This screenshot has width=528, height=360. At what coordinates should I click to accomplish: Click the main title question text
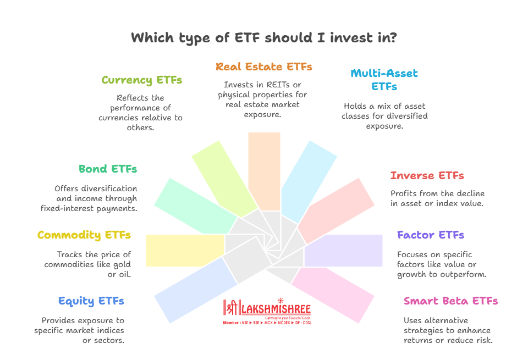(x=264, y=38)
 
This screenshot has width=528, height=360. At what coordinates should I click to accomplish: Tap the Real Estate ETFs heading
(x=264, y=67)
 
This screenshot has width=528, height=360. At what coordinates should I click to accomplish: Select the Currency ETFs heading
(x=142, y=80)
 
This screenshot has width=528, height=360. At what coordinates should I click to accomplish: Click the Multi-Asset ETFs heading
(x=384, y=80)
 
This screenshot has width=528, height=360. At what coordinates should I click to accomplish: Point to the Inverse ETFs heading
(x=427, y=175)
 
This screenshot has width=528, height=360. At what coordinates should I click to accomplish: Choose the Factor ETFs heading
(x=430, y=235)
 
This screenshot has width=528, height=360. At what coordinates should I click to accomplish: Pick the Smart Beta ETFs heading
(x=450, y=301)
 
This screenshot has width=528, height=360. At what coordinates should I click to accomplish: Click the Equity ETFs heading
(x=91, y=301)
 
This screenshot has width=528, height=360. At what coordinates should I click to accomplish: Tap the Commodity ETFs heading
(x=84, y=235)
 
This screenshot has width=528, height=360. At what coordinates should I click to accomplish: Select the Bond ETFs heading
(x=108, y=169)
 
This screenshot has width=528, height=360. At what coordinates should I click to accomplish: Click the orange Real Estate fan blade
(x=265, y=171)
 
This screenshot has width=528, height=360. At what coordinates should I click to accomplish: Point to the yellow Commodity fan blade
(x=185, y=251)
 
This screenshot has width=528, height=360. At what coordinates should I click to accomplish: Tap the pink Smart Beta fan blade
(x=333, y=295)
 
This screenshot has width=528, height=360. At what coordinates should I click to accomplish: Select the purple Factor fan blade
(x=343, y=251)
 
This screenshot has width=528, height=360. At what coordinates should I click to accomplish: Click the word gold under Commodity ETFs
(x=122, y=265)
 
